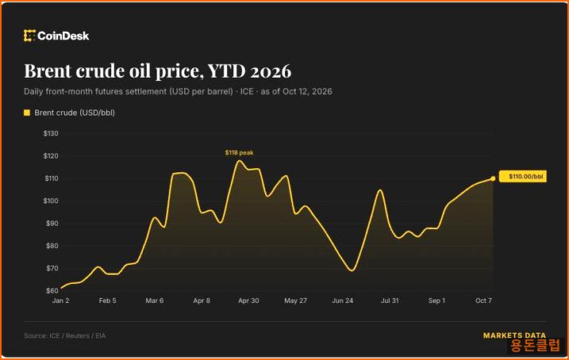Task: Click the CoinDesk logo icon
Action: [29, 36]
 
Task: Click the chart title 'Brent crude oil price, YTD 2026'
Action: [157, 71]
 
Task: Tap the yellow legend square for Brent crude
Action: [27, 113]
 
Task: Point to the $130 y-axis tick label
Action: [51, 133]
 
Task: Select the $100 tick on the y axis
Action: [51, 201]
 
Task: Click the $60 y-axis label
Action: [52, 291]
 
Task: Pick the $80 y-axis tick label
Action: [52, 246]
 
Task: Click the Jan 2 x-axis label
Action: [60, 301]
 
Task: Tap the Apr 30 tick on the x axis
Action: [248, 301]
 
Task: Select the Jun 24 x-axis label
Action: [343, 301]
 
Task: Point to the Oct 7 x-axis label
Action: [483, 301]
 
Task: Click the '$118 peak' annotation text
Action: [239, 152]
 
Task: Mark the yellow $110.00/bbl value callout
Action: [523, 177]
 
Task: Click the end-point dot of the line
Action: [493, 178]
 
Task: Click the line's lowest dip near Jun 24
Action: [352, 270]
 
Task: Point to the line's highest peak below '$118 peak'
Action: [239, 161]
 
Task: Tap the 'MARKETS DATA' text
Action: [514, 335]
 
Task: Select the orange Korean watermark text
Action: [535, 346]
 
